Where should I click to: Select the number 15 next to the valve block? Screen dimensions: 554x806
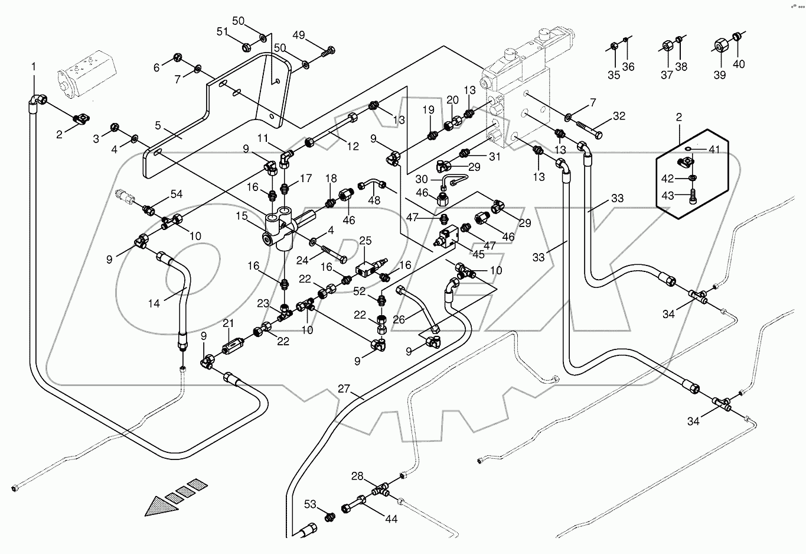pos(242,217)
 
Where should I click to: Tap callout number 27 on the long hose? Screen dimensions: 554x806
pos(345,389)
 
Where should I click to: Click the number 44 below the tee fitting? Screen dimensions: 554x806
pos(390,519)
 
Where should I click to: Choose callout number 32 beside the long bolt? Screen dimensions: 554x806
pos(618,116)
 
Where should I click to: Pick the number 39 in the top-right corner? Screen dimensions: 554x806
pos(719,75)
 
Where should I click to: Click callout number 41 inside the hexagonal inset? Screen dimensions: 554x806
pos(714,150)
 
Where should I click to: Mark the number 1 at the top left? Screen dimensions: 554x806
pos(34,66)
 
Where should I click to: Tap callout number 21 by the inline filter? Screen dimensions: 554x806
pos(229,323)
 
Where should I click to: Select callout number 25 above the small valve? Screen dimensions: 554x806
pos(366,241)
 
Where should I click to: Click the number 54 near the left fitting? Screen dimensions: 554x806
pos(177,194)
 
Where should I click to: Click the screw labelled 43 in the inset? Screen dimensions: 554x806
pos(693,197)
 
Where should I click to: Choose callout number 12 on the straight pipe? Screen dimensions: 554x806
pos(353,147)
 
